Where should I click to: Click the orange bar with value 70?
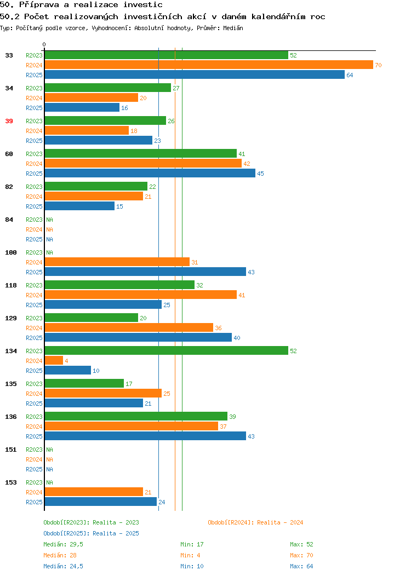click(x=209, y=65)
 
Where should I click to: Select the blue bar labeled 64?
click(x=195, y=75)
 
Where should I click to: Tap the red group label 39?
click(x=9, y=121)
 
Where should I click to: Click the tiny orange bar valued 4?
click(x=54, y=361)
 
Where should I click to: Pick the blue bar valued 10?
click(x=68, y=371)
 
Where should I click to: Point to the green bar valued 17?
click(x=84, y=383)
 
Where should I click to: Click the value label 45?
click(x=260, y=174)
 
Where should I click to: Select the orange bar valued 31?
click(x=117, y=262)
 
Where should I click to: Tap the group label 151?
click(x=11, y=450)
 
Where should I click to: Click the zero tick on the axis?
click(x=44, y=45)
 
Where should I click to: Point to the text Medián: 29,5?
click(x=63, y=544)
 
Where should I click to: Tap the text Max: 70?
click(x=301, y=555)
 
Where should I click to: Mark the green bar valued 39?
click(x=136, y=416)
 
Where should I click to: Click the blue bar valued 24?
click(x=101, y=502)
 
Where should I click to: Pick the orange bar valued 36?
click(x=129, y=327)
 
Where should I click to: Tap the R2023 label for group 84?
click(x=34, y=220)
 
